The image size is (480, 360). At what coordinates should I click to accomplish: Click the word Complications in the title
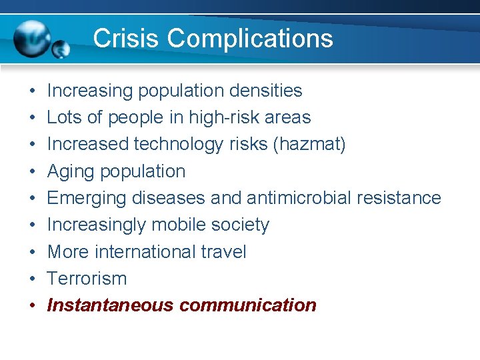coord(250,39)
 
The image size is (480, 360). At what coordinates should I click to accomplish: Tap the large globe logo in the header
coord(32,38)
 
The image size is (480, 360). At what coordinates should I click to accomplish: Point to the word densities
coord(265,91)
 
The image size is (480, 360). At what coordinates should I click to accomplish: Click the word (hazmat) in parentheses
coord(309,144)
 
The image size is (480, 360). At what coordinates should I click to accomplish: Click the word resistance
coord(399,198)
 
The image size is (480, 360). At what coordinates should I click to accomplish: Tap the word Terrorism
coord(87,278)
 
